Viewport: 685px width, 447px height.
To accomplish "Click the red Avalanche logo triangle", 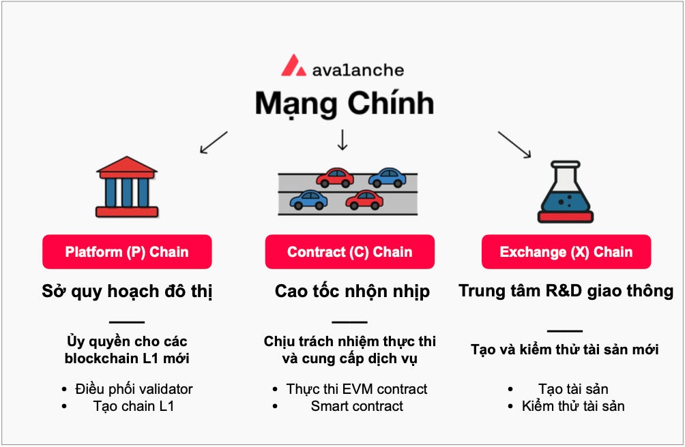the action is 293,65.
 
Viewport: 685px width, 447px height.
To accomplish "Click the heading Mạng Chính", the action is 345,104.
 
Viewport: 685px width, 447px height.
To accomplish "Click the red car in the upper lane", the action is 335,178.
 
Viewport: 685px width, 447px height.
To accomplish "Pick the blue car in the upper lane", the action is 387,178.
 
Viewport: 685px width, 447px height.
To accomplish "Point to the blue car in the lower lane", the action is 308,200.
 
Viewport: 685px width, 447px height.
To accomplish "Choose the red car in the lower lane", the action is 364,200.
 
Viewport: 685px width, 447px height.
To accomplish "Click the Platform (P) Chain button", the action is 127,252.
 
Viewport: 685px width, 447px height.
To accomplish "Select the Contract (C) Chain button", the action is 349,252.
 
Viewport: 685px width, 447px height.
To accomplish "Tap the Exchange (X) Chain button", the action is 566,252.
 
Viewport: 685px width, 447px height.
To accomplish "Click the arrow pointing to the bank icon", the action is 213,142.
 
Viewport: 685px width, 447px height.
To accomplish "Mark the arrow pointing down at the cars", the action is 342,139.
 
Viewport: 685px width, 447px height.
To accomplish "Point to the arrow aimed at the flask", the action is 514,144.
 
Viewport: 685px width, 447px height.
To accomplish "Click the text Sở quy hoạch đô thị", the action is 127,292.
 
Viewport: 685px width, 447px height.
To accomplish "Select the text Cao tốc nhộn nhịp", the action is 352,292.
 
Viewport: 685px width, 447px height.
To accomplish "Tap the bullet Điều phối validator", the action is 134,389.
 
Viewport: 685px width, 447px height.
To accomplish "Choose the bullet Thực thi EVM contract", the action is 357,389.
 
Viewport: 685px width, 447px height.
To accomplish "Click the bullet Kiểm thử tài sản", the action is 573,406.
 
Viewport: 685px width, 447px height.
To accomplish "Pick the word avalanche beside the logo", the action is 358,70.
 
